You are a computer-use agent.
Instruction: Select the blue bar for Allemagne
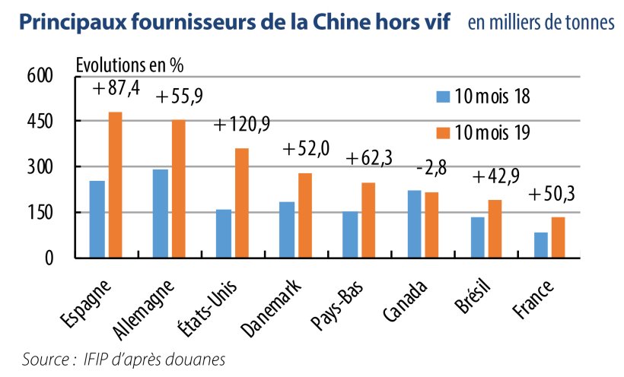pos(161,214)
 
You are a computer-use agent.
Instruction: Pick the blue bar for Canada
pos(415,224)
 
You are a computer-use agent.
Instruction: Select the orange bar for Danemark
pos(305,216)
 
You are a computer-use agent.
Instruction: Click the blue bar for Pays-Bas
pos(351,235)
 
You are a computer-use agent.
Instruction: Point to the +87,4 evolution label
pos(116,89)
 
